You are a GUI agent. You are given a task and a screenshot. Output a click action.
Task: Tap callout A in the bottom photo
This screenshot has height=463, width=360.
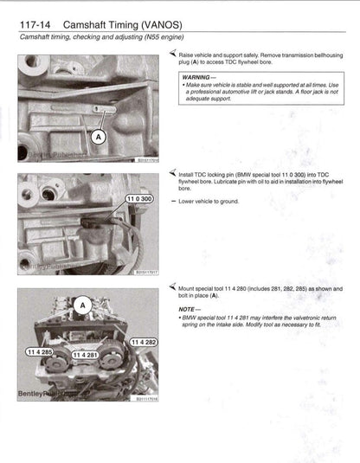tap(83, 305)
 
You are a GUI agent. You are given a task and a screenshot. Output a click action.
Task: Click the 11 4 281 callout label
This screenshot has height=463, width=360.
tap(88, 355)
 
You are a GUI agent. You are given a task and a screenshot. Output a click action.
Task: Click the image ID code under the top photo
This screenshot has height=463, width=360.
tap(148, 159)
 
